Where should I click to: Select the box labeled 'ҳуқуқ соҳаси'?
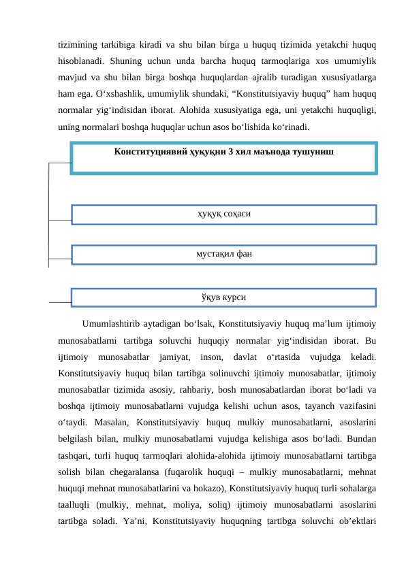coord(223,214)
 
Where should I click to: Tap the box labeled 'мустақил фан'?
coord(223,254)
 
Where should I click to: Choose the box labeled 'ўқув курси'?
coord(223,297)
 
